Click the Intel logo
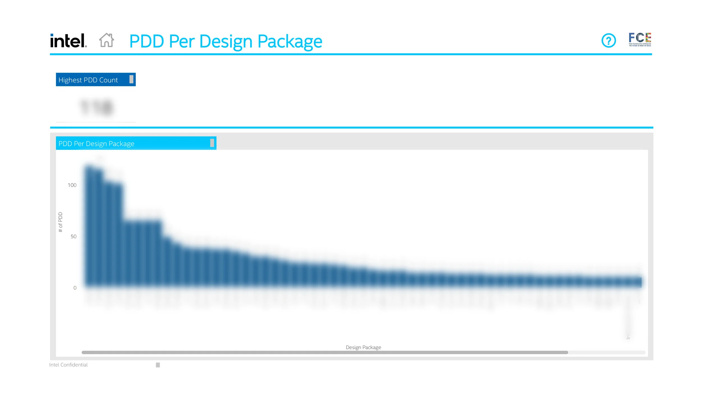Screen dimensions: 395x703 68,41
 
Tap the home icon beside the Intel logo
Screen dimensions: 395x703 107,40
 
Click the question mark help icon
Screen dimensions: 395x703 609,41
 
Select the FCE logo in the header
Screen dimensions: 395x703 640,40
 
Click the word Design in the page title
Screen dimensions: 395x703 226,42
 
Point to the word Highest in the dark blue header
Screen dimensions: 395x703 70,80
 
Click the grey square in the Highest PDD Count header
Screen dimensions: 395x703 131,80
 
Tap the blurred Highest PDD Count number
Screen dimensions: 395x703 96,108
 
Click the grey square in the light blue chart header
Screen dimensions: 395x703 212,143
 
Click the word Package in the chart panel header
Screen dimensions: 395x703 121,144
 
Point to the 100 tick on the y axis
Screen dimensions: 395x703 72,185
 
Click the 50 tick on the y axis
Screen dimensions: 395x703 73,237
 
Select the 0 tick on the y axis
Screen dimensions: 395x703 75,288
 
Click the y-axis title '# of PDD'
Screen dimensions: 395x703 60,222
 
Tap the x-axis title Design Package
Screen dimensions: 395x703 363,348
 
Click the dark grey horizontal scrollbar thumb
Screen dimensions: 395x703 325,353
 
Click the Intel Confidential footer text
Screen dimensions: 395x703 68,365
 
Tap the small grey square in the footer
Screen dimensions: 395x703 158,365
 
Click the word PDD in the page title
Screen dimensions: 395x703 147,42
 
